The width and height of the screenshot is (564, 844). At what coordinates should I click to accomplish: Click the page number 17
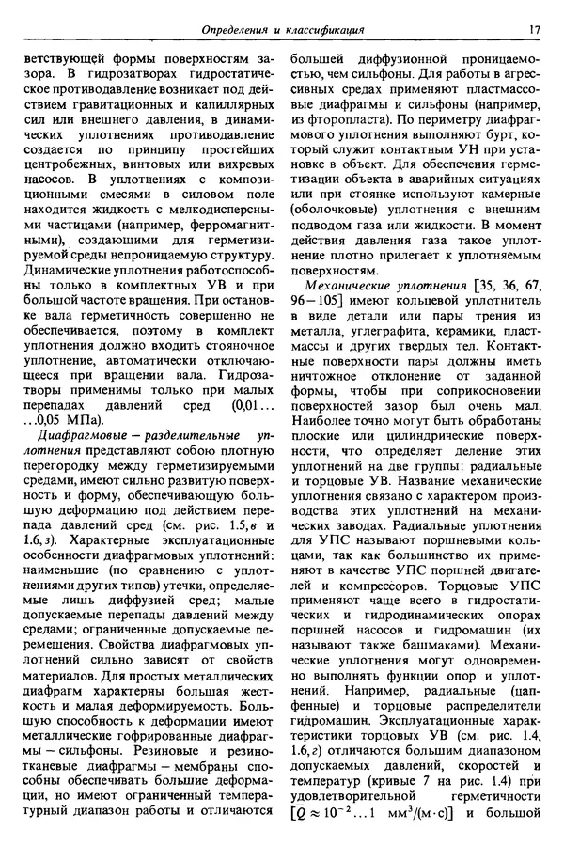click(534, 29)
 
